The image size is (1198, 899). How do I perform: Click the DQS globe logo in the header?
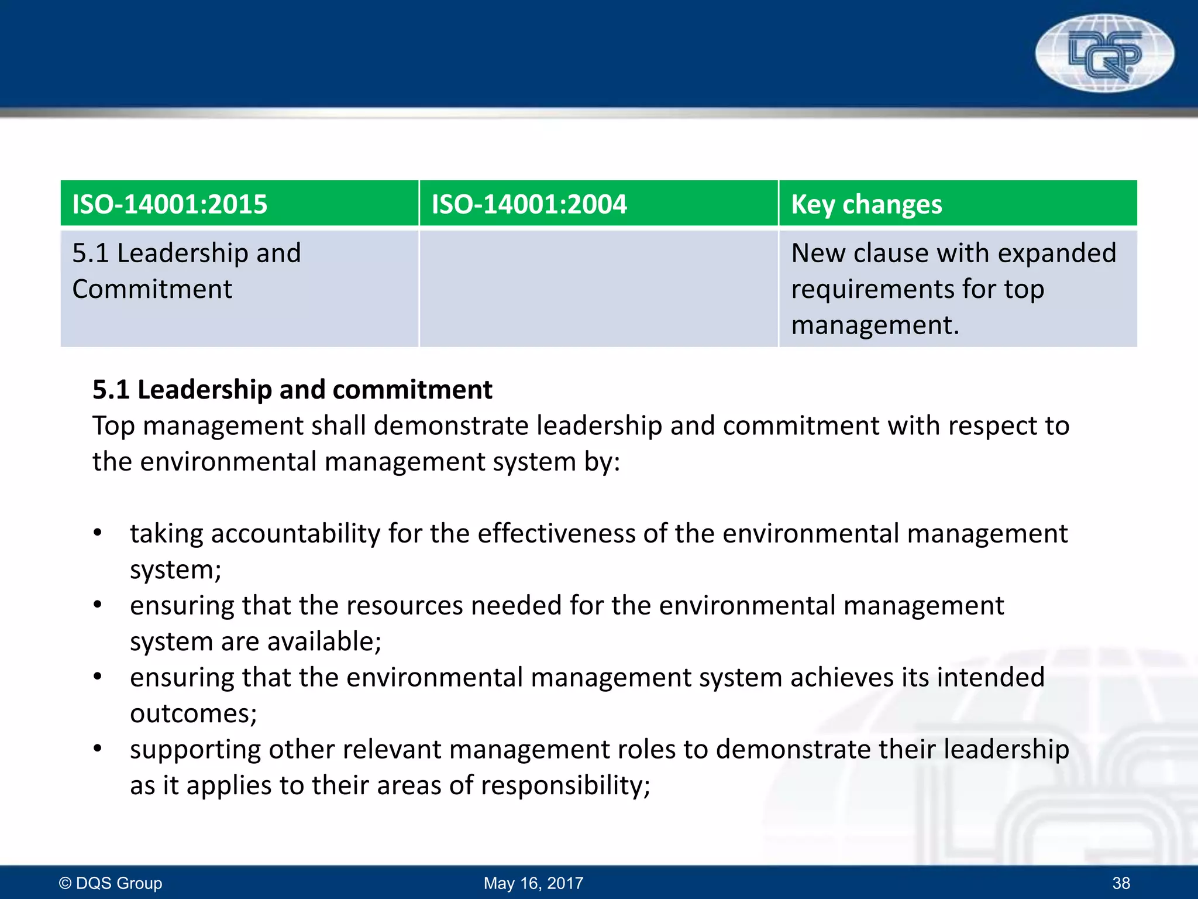pyautogui.click(x=1104, y=53)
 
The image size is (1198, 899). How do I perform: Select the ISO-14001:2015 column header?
pyautogui.click(x=170, y=204)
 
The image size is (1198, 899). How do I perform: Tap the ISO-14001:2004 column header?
pyautogui.click(x=529, y=204)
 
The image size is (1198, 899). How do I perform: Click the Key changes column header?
pyautogui.click(x=866, y=204)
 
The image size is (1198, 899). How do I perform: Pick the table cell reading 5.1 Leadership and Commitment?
pyautogui.click(x=186, y=271)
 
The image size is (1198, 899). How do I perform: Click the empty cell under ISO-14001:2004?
pyautogui.click(x=598, y=289)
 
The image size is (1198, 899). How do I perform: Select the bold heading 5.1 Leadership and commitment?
pyautogui.click(x=292, y=390)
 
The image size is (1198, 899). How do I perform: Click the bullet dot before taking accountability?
pyautogui.click(x=98, y=533)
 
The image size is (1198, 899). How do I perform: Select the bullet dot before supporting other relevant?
pyautogui.click(x=98, y=749)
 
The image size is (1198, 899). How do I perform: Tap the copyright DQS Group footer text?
pyautogui.click(x=111, y=883)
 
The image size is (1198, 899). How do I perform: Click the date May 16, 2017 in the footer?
pyautogui.click(x=533, y=883)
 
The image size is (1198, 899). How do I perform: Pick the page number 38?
pyautogui.click(x=1121, y=883)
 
